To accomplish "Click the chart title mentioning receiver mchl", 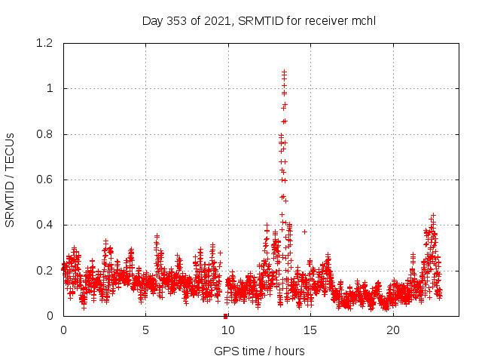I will [258, 20].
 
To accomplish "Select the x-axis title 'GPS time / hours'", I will [259, 351].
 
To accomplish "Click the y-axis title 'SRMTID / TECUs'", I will [11, 179].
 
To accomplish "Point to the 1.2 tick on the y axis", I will [44, 43].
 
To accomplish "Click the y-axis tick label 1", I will [50, 88].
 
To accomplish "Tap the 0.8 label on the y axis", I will [44, 134].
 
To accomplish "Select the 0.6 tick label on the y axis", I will [44, 179].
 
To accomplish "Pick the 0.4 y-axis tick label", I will [44, 225].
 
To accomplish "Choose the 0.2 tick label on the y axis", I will [44, 270].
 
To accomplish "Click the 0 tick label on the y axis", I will [50, 316].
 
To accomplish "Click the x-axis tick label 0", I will [63, 330].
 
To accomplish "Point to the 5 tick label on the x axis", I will [145, 330].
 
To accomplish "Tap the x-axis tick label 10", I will [228, 330].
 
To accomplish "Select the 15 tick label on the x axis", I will [310, 330].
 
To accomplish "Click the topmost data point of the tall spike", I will [284, 72].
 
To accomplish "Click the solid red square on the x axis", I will [226, 316].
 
